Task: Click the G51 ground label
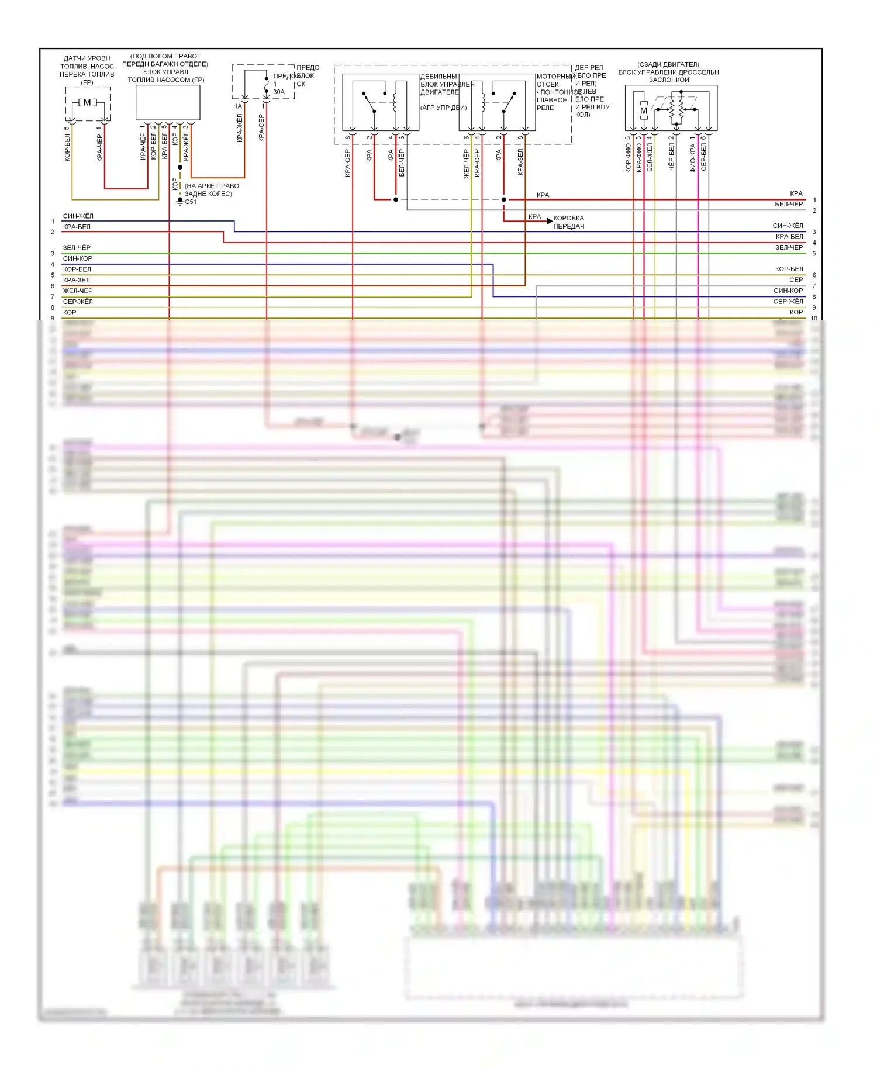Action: (191, 202)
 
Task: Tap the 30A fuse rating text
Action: (279, 92)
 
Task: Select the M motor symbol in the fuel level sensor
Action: (87, 103)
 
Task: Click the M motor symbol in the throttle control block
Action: (644, 110)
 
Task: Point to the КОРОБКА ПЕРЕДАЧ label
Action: (568, 222)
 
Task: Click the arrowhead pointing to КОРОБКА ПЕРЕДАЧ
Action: (549, 221)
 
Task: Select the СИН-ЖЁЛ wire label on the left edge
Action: (78, 216)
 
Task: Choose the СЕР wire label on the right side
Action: (796, 280)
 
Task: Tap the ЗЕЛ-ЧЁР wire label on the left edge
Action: (77, 248)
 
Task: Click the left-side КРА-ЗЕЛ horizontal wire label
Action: (77, 280)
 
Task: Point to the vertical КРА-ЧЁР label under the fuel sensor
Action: (99, 147)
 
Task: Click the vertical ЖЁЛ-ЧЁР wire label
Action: (466, 163)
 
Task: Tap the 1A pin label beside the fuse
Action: (238, 106)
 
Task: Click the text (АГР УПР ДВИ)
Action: (443, 108)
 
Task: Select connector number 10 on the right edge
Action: (814, 319)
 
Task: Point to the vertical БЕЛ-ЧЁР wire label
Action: (402, 163)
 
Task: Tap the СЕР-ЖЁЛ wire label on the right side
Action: (788, 302)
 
